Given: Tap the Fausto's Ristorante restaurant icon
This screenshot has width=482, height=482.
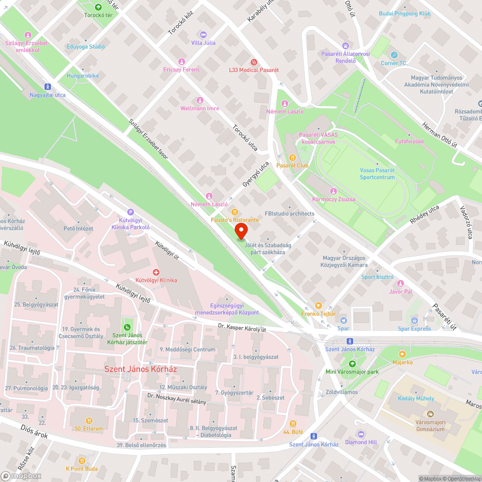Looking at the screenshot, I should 235,212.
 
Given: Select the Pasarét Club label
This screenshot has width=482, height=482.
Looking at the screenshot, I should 292,165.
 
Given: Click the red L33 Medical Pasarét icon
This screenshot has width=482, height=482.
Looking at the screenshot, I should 254,62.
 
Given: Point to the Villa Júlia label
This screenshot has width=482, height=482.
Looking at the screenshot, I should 203,43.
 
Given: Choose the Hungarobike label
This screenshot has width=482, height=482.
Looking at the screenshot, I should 82,76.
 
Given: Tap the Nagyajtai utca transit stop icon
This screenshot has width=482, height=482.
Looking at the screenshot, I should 47,87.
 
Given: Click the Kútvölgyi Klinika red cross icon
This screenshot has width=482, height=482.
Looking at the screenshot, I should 156,272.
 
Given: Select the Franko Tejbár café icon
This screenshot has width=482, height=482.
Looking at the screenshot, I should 318,306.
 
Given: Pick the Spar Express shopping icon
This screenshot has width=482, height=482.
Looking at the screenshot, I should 415,321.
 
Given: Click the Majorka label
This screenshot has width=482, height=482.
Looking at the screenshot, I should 402,362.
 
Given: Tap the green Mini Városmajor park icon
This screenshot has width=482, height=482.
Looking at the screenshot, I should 352,363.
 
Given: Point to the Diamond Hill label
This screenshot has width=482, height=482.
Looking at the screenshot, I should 361,442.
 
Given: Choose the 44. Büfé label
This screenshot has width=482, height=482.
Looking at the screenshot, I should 293,431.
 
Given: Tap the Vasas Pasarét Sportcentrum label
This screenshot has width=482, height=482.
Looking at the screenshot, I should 377,174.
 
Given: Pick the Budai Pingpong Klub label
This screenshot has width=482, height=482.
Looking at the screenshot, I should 404,14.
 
